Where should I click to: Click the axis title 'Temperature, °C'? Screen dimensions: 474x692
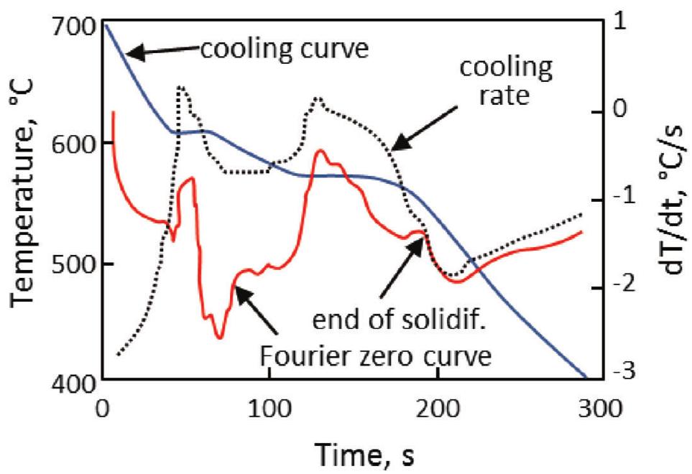click(x=26, y=204)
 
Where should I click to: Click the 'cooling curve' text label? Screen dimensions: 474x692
click(x=284, y=49)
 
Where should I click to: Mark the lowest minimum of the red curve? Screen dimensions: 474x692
click(x=218, y=337)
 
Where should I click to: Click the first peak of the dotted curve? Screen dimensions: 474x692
click(x=181, y=87)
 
